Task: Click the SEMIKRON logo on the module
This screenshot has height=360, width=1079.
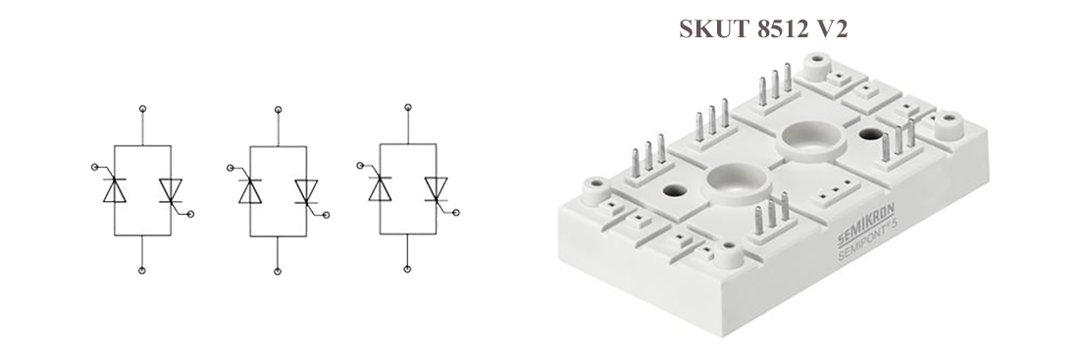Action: (x=865, y=225)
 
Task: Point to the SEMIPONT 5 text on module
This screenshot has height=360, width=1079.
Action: (x=867, y=237)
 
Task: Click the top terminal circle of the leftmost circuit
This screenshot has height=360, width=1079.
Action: (x=142, y=109)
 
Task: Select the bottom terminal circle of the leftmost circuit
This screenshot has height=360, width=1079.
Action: (x=142, y=271)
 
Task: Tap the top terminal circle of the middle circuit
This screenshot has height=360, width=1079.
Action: (x=278, y=109)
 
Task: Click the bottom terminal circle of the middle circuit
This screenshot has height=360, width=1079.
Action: (x=278, y=271)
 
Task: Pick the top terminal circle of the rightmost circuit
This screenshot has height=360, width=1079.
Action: (x=408, y=107)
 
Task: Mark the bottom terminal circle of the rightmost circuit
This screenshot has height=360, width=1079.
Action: (x=407, y=269)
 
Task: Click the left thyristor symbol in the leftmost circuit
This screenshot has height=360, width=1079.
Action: (x=114, y=189)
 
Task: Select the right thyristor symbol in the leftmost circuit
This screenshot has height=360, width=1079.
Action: (x=171, y=190)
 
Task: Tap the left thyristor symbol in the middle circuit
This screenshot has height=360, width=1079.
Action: (x=250, y=190)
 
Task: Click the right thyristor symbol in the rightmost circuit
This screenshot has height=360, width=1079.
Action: (x=437, y=189)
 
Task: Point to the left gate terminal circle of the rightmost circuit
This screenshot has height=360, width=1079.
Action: (x=361, y=165)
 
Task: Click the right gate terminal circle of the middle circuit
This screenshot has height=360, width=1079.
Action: (x=327, y=215)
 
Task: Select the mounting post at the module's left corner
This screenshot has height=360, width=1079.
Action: (x=596, y=190)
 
